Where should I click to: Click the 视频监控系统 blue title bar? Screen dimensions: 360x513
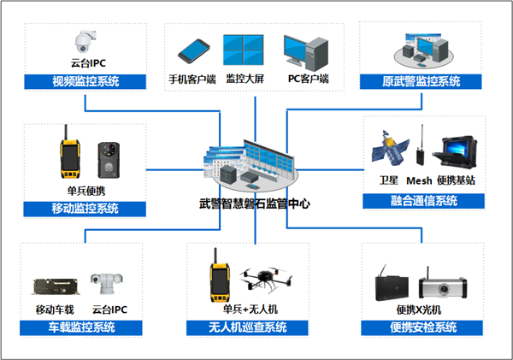coord(85,82)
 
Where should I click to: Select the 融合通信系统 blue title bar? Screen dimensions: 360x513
coord(422,201)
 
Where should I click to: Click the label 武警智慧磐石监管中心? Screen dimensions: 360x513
coord(255,204)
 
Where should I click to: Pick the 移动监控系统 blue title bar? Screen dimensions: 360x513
coord(85,208)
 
